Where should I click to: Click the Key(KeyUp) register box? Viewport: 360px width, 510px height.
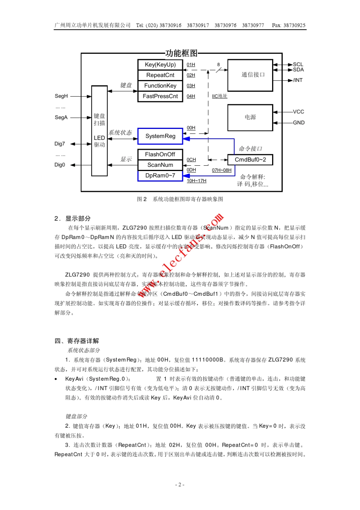[x=160, y=65]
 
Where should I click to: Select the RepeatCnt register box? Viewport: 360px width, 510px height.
[x=160, y=75]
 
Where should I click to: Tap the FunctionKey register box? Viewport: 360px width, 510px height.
[x=160, y=86]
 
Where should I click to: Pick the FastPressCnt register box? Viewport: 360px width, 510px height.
[x=160, y=96]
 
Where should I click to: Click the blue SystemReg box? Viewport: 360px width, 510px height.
[x=160, y=136]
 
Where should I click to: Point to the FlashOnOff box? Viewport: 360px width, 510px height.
[x=160, y=154]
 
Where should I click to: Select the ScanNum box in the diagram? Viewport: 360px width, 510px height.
[x=160, y=165]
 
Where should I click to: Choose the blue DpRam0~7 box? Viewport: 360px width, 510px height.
[x=160, y=176]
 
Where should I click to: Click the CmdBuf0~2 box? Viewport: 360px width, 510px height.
[x=250, y=160]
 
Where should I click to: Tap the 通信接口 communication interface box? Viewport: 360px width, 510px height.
[x=250, y=75]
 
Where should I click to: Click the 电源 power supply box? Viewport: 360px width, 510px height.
[x=250, y=118]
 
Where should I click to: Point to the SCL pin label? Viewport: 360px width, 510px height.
[x=298, y=64]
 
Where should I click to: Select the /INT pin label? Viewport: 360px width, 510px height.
[x=298, y=80]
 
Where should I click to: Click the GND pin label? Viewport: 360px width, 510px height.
[x=299, y=122]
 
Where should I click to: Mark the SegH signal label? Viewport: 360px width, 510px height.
[x=61, y=96]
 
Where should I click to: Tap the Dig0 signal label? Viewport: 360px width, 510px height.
[x=60, y=165]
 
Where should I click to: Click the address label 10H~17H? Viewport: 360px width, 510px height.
[x=196, y=181]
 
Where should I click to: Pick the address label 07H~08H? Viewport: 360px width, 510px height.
[x=222, y=170]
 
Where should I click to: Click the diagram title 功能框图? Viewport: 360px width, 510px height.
[x=182, y=53]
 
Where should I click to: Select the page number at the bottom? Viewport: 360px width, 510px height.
[x=180, y=485]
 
